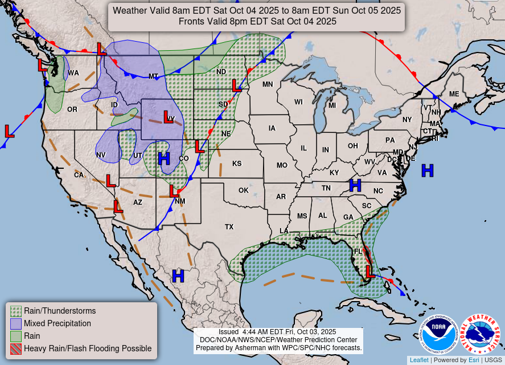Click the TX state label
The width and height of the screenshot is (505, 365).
click(229, 227)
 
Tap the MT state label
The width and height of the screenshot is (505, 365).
click(153, 76)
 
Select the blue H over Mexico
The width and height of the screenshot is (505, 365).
click(178, 276)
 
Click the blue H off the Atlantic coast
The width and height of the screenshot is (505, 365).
click(427, 170)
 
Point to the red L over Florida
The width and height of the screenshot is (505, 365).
click(370, 271)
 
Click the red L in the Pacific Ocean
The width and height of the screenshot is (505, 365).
click(9, 131)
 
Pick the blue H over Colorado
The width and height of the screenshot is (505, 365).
click(164, 159)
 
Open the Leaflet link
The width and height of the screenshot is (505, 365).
click(418, 360)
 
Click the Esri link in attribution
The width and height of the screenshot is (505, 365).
click(474, 360)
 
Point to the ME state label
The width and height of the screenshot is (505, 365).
click(454, 94)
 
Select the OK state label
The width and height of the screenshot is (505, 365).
click(244, 190)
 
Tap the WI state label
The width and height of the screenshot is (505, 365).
click(298, 102)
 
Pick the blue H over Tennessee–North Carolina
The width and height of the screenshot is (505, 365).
click(355, 185)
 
